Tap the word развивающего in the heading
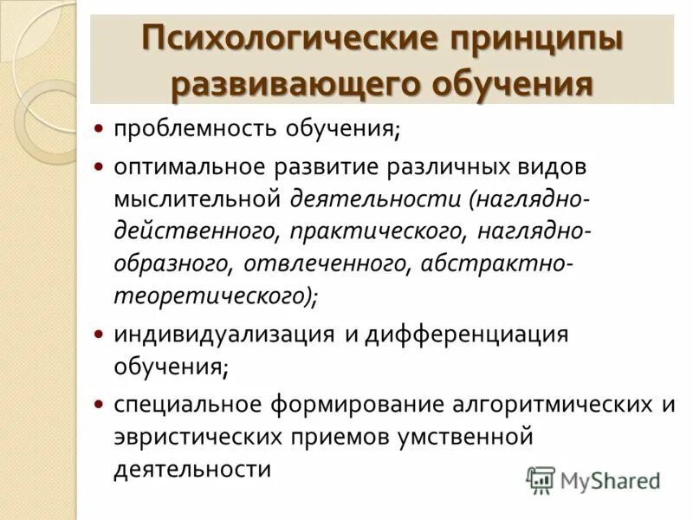pyautogui.click(x=278, y=84)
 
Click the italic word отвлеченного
pyautogui.click(x=325, y=264)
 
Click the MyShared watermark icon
pyautogui.click(x=541, y=479)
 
